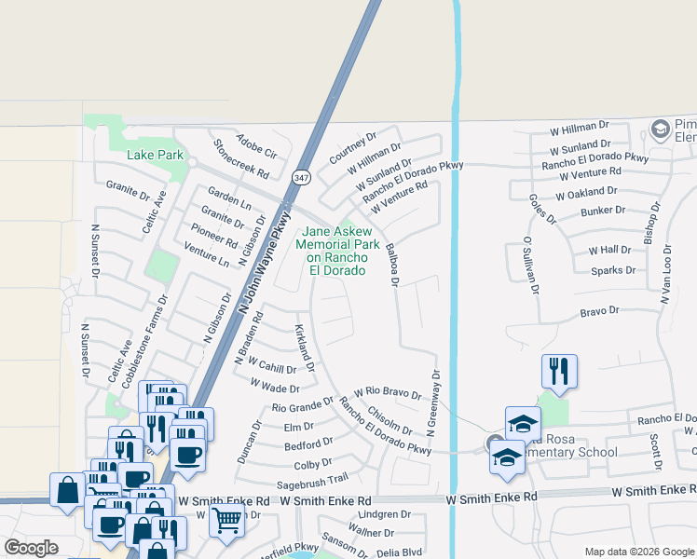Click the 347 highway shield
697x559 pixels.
(300, 177)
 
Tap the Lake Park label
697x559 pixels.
(156, 154)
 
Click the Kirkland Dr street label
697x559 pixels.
(306, 348)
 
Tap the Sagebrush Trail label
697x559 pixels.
(312, 480)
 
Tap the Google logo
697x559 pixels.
(31, 548)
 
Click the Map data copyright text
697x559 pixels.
(638, 552)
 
